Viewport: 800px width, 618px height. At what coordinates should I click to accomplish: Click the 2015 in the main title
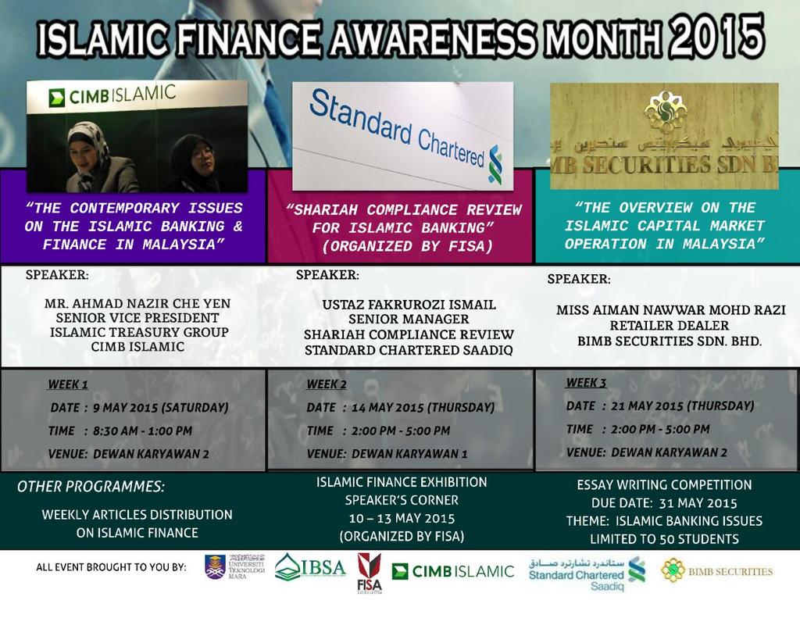coord(716,35)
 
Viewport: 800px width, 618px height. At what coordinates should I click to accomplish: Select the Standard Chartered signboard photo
coord(402,136)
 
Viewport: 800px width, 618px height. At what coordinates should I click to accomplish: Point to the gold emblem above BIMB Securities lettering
coord(665,114)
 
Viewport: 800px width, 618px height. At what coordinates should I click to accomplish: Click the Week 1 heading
coord(68,384)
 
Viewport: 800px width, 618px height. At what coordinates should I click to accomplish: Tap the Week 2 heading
coord(327,384)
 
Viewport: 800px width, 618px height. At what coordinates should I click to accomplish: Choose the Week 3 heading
coord(586,382)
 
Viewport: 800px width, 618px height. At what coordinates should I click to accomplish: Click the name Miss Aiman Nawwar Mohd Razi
coord(670,309)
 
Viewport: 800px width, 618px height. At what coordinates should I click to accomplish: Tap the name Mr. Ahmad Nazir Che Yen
coord(137,302)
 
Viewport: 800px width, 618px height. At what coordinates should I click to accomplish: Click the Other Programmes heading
coord(91,486)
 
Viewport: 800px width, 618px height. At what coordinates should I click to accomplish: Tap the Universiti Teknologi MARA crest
coord(215,566)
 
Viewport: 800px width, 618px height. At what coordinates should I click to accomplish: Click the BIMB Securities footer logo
coord(716,571)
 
